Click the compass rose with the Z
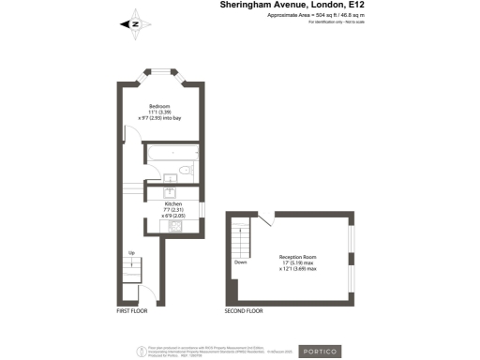coord(134,24)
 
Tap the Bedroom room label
coord(160,106)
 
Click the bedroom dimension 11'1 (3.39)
coord(160,112)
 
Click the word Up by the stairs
coord(131,253)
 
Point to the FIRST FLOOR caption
coord(133,310)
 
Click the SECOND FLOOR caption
coord(244,310)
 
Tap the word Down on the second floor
coord(240,262)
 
